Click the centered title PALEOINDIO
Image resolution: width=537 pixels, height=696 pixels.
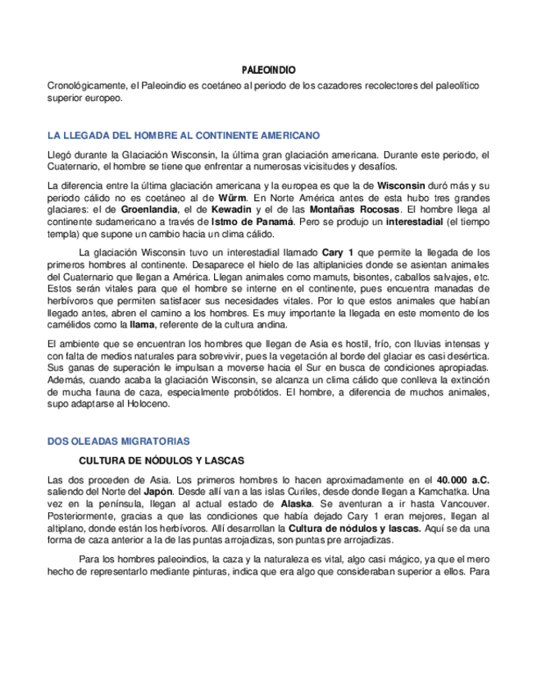(x=268, y=71)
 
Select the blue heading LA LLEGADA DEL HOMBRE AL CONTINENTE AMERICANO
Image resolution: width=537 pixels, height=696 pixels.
(x=184, y=135)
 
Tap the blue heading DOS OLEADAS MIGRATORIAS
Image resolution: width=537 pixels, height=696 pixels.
(x=119, y=441)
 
